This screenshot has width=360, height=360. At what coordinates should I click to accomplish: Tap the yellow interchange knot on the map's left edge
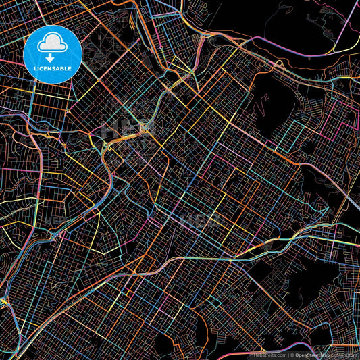pyautogui.click(x=3, y=301)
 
